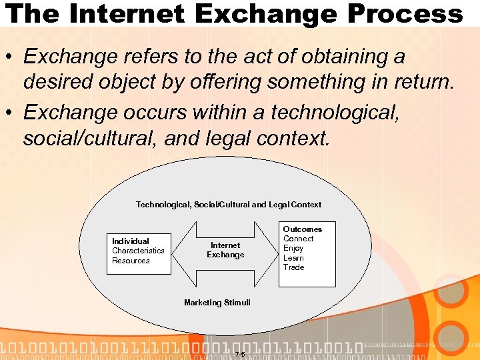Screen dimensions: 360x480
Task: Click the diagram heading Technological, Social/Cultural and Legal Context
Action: pyautogui.click(x=229, y=205)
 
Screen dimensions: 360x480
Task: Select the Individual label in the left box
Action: pyautogui.click(x=131, y=241)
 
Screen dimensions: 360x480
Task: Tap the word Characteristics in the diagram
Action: pyautogui.click(x=138, y=251)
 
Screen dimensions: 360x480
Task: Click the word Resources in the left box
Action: pyautogui.click(x=131, y=261)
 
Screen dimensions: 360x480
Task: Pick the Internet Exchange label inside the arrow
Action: pyautogui.click(x=225, y=250)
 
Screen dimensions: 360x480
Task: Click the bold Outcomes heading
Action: pyautogui.click(x=302, y=229)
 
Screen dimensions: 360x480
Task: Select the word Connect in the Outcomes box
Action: pyautogui.click(x=298, y=239)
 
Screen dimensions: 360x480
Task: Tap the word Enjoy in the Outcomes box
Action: pyautogui.click(x=293, y=248)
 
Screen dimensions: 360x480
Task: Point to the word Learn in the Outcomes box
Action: pyautogui.click(x=293, y=258)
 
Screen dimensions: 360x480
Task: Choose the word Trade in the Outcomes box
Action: pyautogui.click(x=293, y=267)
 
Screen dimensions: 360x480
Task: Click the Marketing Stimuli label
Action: pyautogui.click(x=217, y=303)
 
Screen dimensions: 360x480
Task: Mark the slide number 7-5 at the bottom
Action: pyautogui.click(x=241, y=353)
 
